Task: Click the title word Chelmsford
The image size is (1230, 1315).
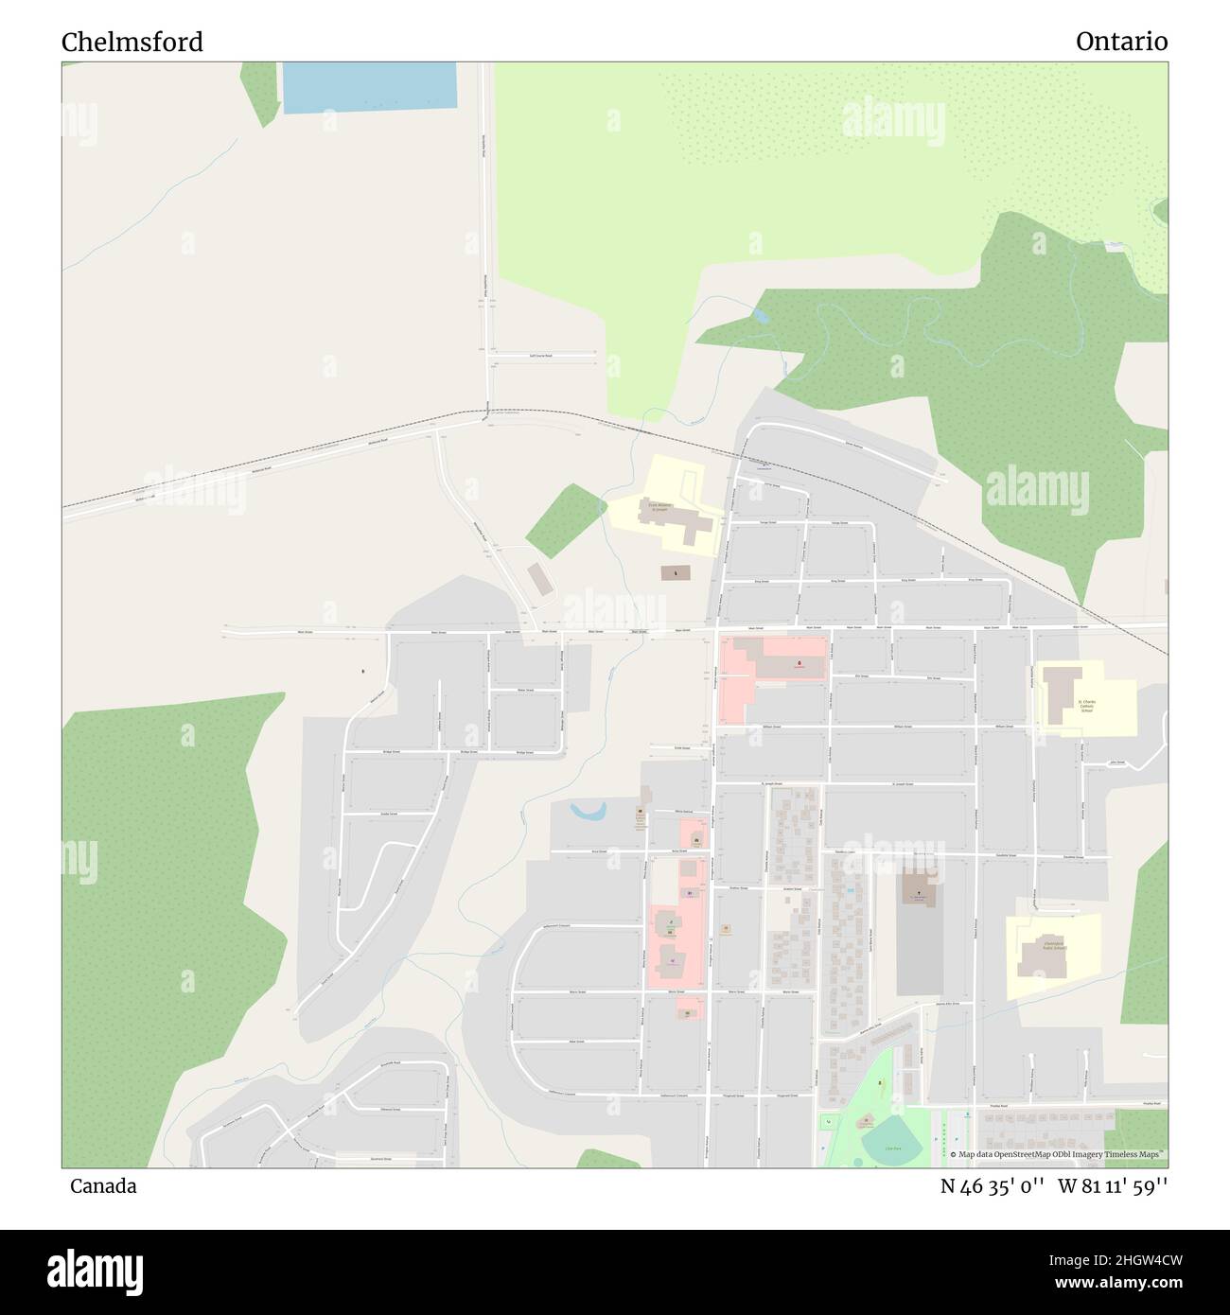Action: click(x=132, y=43)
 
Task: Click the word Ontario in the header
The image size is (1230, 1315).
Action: click(x=1120, y=42)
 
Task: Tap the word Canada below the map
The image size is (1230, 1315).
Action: click(x=102, y=1186)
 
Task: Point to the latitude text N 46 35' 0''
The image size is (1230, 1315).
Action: click(x=992, y=1186)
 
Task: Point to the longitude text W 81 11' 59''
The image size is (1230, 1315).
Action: click(x=1113, y=1186)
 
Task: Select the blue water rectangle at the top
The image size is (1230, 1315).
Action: click(x=370, y=88)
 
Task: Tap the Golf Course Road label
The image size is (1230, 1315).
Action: click(x=541, y=356)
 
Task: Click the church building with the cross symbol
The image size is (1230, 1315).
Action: click(x=915, y=888)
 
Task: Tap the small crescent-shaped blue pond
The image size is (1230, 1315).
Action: click(x=589, y=811)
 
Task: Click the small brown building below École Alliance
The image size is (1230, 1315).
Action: click(x=676, y=573)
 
